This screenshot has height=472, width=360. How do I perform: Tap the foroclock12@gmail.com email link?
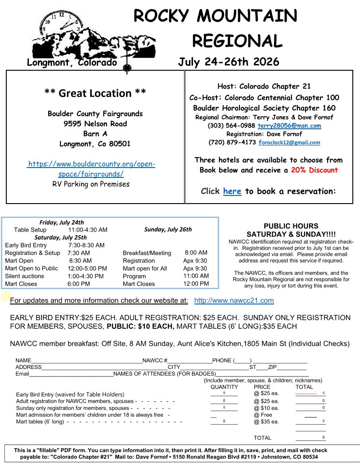coord(289,142)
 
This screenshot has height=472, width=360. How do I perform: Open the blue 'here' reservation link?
coord(232,191)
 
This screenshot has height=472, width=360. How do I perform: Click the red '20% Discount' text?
coord(314,170)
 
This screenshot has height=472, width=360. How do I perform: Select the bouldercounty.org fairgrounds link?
coord(91,169)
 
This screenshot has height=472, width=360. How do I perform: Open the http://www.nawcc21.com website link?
coord(234,300)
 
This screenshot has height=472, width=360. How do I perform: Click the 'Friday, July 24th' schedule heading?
coord(62,222)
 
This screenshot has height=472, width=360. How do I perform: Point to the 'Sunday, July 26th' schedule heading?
coord(168,229)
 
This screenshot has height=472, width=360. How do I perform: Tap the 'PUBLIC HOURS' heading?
coord(291,226)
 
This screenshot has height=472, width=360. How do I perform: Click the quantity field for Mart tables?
coord(224,422)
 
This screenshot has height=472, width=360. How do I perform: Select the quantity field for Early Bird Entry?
coord(224,393)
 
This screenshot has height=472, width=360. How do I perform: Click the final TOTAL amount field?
coord(310,437)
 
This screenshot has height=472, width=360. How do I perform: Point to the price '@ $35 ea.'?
coord(266,422)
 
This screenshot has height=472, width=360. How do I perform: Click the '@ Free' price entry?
coord(263,415)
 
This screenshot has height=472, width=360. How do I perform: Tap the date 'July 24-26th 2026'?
coord(229,62)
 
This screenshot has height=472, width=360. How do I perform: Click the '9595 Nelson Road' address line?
coord(95,124)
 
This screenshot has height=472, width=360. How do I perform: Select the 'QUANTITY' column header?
coord(224,387)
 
